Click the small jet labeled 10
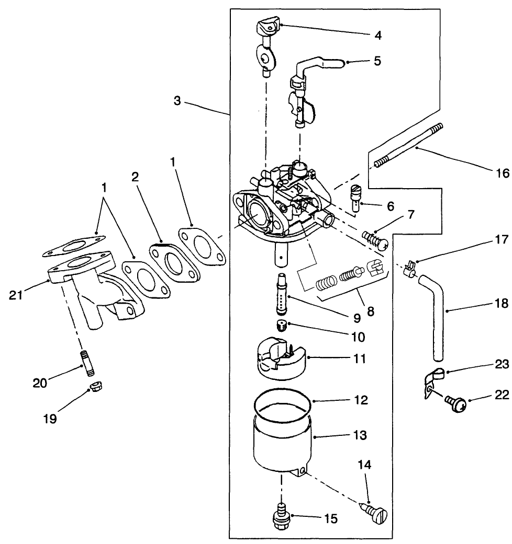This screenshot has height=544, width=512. tap(282, 326)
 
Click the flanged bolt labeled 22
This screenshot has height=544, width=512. tap(455, 403)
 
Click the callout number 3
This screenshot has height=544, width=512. tap(177, 101)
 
